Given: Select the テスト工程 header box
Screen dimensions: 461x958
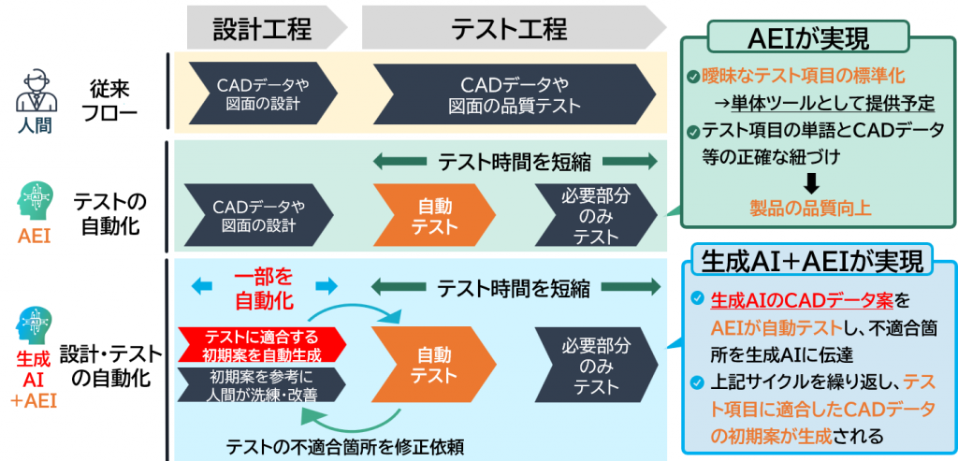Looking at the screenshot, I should tap(510, 28).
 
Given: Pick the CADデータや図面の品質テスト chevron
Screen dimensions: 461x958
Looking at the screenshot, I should tap(520, 94).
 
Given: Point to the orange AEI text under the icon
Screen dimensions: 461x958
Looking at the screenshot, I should tap(34, 237).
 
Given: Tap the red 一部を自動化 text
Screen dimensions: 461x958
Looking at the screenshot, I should tap(263, 290).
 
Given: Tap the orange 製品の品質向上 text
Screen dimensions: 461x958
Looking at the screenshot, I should tap(811, 207).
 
